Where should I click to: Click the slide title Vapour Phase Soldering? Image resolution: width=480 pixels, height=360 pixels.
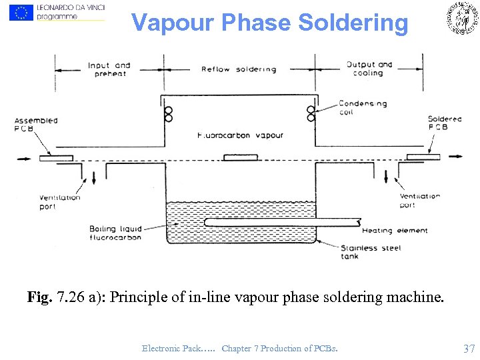click(269, 23)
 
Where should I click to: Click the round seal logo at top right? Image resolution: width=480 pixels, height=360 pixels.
click(462, 18)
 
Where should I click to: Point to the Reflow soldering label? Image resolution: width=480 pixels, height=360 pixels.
click(239, 69)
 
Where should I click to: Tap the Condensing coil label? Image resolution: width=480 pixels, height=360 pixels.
click(362, 108)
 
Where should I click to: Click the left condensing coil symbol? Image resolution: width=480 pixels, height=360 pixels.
click(167, 114)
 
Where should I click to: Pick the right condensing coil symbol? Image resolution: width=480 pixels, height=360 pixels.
click(310, 113)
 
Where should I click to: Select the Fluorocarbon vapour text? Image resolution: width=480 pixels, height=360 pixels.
click(240, 135)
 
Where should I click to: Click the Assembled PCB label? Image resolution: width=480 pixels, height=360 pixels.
click(36, 125)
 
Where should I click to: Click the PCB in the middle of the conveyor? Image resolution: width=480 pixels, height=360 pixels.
click(239, 157)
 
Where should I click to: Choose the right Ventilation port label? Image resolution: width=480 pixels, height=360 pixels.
click(419, 201)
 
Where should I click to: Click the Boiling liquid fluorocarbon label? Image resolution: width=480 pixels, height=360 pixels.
click(115, 233)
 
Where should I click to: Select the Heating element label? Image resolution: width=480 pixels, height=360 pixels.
click(395, 231)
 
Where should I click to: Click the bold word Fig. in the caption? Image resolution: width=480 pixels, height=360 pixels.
click(39, 297)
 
